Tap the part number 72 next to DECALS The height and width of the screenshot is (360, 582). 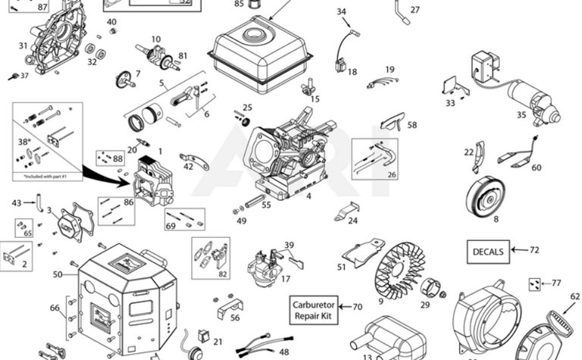click(534, 249)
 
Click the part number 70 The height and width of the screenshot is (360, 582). click(358, 307)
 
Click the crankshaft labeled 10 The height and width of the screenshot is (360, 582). click(155, 56)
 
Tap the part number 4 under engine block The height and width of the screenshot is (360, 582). click(308, 196)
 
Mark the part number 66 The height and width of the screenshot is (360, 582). click(54, 308)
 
